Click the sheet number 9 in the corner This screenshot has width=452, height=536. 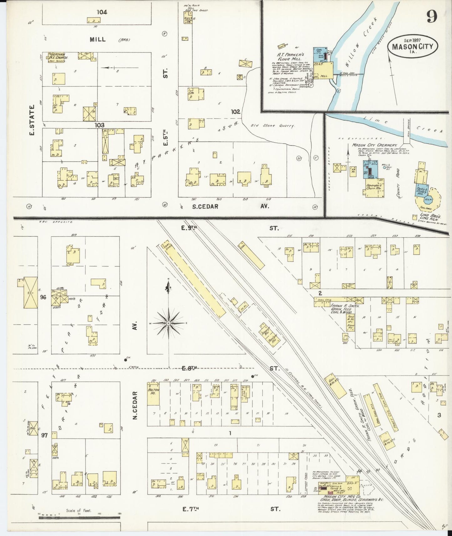coord(432,18)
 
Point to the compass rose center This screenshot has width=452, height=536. coord(169,322)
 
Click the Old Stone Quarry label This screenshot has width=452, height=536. coord(272,126)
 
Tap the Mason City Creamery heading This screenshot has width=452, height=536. coord(375,145)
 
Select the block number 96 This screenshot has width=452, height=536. coord(43,297)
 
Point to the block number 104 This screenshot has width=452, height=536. coord(102,12)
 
